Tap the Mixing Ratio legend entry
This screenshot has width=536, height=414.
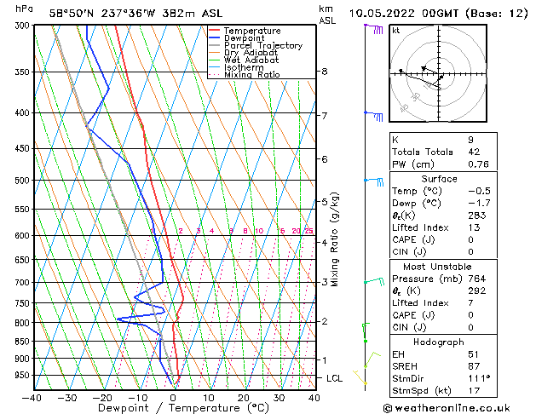point(252,75)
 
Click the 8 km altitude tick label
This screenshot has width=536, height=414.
point(325,72)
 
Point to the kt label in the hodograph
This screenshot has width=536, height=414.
point(396,31)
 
